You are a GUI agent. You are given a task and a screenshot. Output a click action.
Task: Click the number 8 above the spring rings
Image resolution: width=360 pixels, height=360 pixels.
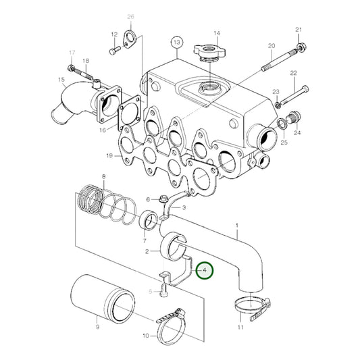pos(103,177)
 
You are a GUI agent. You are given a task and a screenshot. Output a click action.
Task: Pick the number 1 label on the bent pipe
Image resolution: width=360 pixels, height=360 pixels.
pos(236,225)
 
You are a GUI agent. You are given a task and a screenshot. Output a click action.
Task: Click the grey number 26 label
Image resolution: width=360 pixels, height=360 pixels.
pos(130,16)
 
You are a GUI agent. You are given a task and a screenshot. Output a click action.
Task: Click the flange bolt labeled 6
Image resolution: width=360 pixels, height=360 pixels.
pos(163,199)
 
